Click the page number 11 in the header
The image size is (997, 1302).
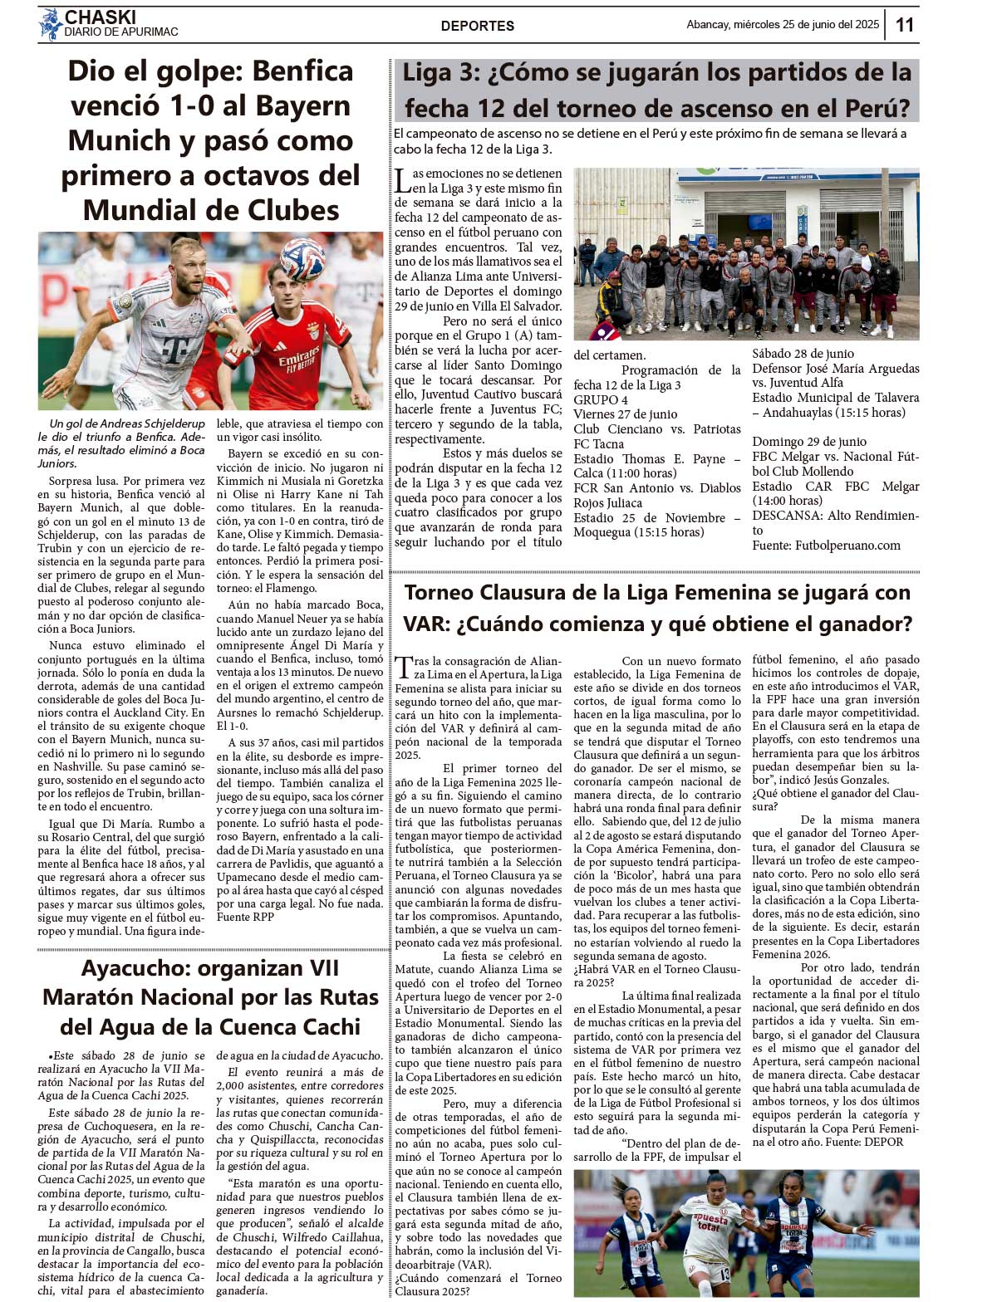click(x=905, y=25)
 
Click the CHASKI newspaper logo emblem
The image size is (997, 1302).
click(x=50, y=24)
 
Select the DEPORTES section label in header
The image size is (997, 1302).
click(x=478, y=26)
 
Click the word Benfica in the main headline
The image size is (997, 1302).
click(x=302, y=71)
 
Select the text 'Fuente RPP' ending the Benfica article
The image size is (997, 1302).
click(x=245, y=917)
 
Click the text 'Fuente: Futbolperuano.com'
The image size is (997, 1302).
click(x=826, y=545)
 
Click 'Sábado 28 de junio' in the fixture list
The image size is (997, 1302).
click(x=803, y=354)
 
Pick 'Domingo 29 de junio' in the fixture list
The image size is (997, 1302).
click(x=809, y=442)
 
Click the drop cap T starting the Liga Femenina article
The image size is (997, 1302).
click(x=403, y=667)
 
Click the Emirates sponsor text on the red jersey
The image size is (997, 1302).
click(x=298, y=360)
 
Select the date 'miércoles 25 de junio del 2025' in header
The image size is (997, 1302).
click(x=806, y=25)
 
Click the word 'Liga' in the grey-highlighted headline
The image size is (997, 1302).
click(x=426, y=73)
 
